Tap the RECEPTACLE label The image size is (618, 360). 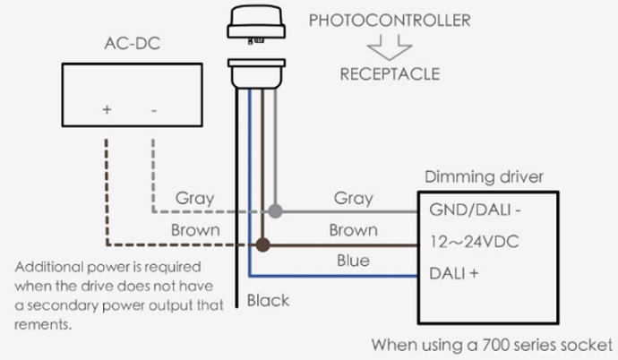(390, 73)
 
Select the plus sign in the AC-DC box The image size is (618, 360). (107, 110)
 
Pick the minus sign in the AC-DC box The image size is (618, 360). (154, 110)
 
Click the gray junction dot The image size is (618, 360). (278, 212)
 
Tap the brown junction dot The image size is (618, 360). (263, 244)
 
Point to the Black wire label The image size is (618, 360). (268, 301)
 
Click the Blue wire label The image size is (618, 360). (353, 261)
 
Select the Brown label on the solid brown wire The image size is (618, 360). (353, 229)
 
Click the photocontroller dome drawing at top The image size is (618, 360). (256, 22)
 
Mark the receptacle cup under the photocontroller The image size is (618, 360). (256, 73)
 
